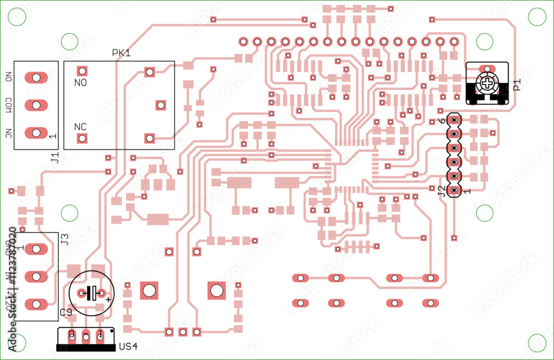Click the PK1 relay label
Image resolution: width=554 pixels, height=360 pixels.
coord(121,53)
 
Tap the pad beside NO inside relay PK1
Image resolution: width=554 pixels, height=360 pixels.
coord(82,71)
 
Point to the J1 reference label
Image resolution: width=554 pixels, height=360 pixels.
coord(54,158)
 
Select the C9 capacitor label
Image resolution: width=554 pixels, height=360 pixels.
coord(66,313)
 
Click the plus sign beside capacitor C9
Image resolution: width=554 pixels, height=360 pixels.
coord(108,299)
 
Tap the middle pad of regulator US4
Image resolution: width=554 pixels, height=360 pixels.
coord(86,335)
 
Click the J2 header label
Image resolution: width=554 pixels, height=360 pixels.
coord(442,191)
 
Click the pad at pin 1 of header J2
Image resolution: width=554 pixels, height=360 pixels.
coord(454,191)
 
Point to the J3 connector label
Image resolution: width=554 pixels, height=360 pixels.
coord(64,240)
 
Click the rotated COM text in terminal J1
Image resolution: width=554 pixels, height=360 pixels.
coord(9,105)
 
